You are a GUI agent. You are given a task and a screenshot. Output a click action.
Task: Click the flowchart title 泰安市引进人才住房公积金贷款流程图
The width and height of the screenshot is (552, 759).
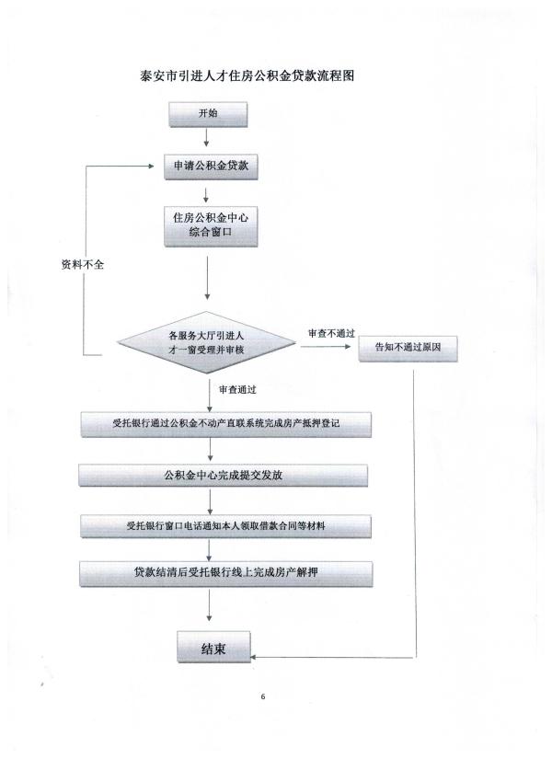pyautogui.click(x=247, y=75)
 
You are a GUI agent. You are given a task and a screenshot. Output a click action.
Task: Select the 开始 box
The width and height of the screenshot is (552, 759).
pyautogui.click(x=208, y=114)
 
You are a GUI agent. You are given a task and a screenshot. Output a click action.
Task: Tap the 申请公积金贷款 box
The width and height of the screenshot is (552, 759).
pyautogui.click(x=211, y=167)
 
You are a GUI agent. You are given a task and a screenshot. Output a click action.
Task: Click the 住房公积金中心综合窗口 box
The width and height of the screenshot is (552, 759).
pyautogui.click(x=211, y=226)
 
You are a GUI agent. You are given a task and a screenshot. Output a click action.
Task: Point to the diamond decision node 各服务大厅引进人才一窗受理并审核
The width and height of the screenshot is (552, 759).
pyautogui.click(x=207, y=342)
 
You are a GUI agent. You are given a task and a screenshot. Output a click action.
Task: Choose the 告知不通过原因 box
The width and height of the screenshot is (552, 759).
pyautogui.click(x=408, y=348)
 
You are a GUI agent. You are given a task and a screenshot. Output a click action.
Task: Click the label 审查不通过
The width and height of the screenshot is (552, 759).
pyautogui.click(x=332, y=333)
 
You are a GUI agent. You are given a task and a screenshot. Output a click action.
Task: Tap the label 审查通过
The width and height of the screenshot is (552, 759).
pyautogui.click(x=237, y=390)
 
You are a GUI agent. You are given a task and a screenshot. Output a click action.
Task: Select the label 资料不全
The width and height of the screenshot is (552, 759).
pyautogui.click(x=82, y=264)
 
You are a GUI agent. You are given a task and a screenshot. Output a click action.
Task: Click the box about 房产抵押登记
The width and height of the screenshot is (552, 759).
pyautogui.click(x=226, y=424)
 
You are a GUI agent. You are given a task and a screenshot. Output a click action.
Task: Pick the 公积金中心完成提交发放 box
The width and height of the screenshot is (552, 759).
pyautogui.click(x=224, y=476)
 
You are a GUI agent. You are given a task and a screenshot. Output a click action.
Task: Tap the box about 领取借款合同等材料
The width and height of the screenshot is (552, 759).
pyautogui.click(x=225, y=526)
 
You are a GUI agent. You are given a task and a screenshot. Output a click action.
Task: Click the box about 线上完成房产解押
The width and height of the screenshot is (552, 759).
pyautogui.click(x=226, y=573)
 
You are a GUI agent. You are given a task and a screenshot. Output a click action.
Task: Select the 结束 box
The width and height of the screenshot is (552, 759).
pyautogui.click(x=213, y=647)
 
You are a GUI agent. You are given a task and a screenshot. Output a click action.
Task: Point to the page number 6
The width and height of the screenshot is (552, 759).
pyautogui.click(x=263, y=697)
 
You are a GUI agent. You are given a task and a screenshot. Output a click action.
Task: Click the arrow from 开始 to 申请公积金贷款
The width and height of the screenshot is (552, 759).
pyautogui.click(x=207, y=137)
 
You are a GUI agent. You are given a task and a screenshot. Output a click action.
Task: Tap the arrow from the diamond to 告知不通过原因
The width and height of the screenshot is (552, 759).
pyautogui.click(x=326, y=347)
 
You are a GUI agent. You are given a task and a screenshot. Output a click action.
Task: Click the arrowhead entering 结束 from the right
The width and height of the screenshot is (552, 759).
pyautogui.click(x=253, y=658)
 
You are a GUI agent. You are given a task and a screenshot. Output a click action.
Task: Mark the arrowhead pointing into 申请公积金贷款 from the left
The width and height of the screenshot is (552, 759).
pyautogui.click(x=151, y=166)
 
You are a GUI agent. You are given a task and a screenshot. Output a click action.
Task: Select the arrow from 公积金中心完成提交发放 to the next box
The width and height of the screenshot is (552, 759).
pyautogui.click(x=210, y=501)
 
